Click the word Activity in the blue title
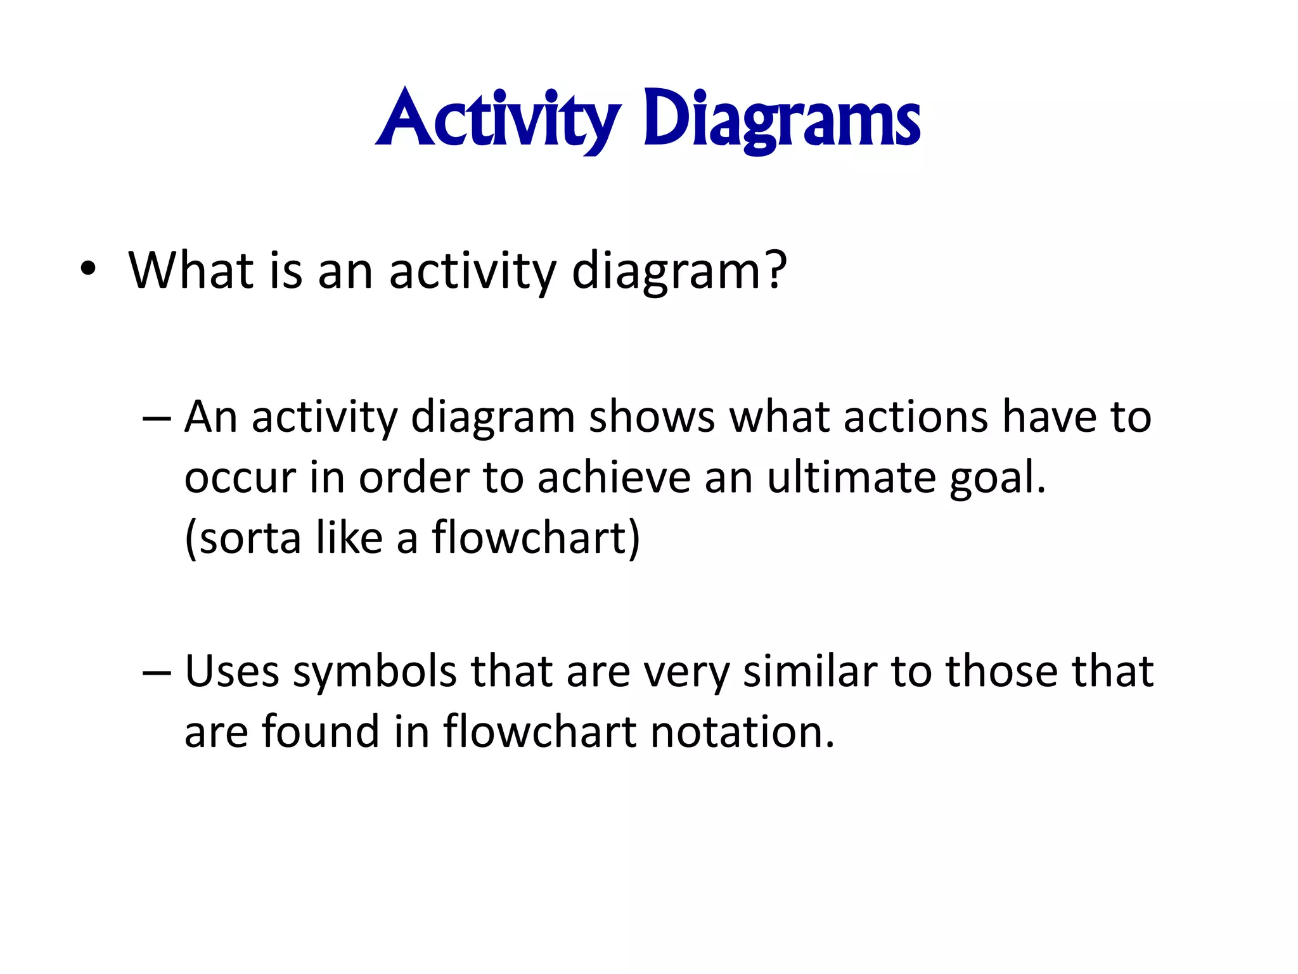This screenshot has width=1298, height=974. point(498,119)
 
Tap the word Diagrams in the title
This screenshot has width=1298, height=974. point(781,119)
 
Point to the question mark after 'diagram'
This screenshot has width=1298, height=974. point(775,269)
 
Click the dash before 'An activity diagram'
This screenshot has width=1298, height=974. point(157,419)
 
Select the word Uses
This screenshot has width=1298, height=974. point(231,671)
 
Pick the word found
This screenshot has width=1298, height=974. point(320,731)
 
